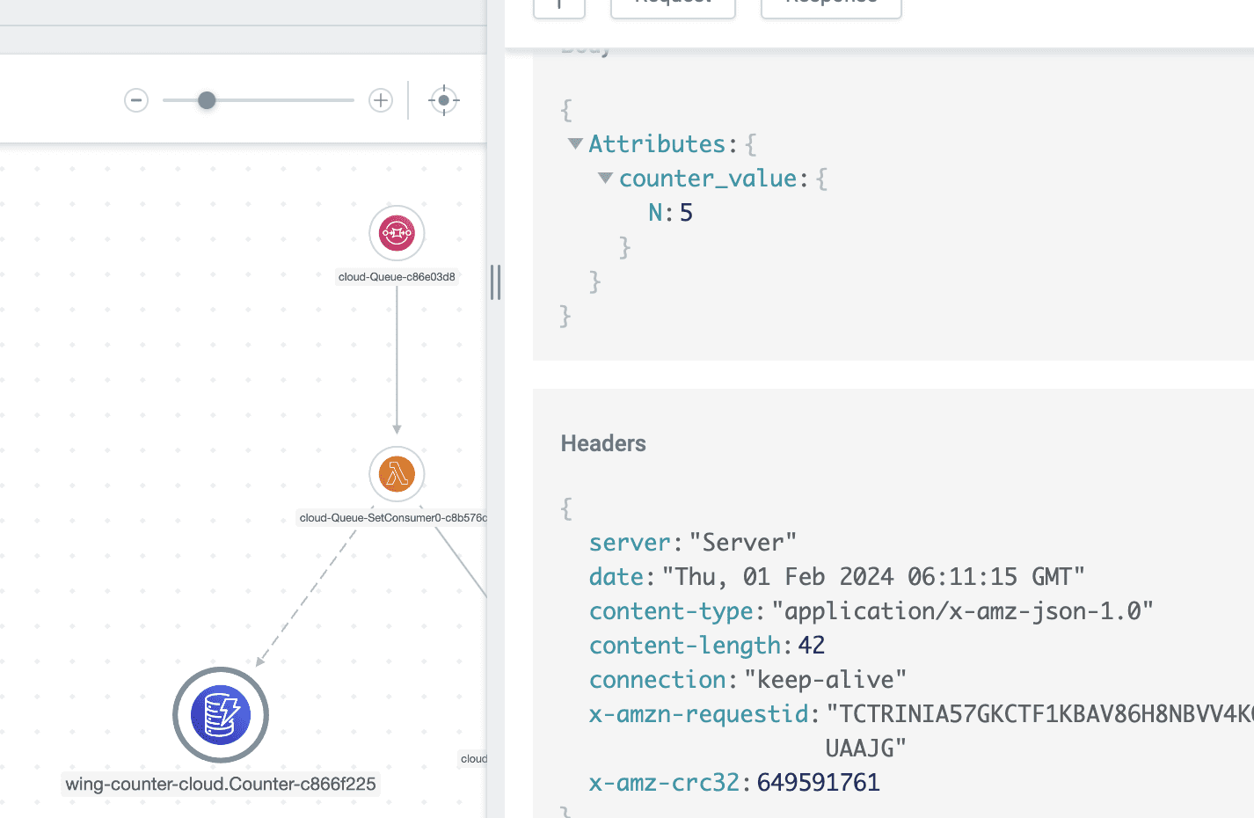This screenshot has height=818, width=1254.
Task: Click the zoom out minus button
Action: point(136,100)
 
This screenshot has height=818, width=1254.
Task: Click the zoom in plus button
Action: point(381,100)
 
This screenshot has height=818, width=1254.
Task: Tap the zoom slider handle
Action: point(207,100)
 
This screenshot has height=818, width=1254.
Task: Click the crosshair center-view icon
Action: point(444,100)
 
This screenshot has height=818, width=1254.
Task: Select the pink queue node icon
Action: point(397,233)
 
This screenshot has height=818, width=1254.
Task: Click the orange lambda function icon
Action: point(397,474)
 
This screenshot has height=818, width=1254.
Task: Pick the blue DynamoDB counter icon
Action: point(221,714)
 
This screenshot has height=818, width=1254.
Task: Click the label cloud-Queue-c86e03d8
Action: point(397,277)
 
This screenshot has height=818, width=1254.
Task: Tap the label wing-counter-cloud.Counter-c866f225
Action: point(221,784)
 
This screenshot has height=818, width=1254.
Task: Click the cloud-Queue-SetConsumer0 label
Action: point(392,518)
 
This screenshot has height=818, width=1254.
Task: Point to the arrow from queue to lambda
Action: point(397,361)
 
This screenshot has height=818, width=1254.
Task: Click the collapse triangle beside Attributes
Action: point(575,143)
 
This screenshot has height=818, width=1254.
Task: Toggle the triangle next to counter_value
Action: point(605,178)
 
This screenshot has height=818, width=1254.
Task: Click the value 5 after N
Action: point(686,213)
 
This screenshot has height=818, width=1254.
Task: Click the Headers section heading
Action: point(603,443)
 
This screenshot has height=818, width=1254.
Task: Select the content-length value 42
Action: point(811,646)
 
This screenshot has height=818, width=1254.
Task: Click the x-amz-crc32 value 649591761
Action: point(818,783)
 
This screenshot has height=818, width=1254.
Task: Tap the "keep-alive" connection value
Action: point(825,680)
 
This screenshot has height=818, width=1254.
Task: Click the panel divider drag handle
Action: point(496,282)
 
